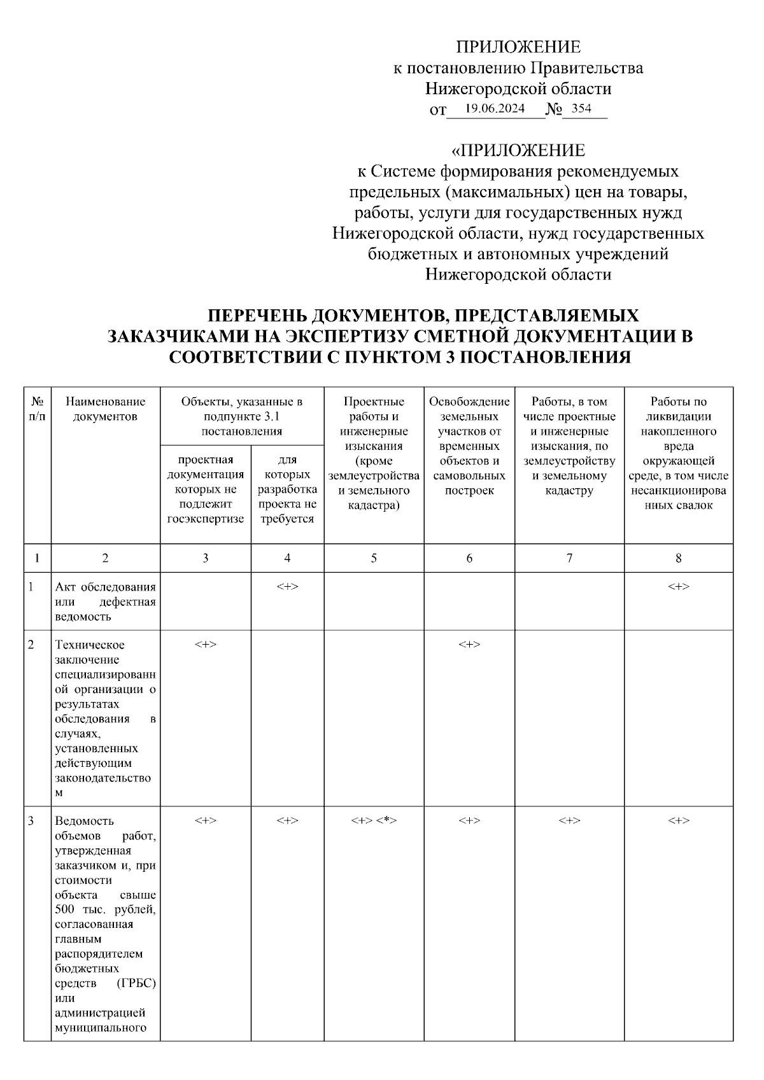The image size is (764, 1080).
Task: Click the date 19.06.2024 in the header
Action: coord(495,108)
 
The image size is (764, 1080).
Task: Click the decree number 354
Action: coord(581,108)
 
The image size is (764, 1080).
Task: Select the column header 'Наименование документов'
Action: coord(105,409)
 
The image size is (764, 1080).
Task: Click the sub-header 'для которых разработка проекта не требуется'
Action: coord(287,489)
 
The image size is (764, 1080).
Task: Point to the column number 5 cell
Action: coord(374,558)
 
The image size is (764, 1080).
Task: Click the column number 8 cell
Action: coord(678,558)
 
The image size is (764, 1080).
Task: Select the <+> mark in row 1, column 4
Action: coord(287,586)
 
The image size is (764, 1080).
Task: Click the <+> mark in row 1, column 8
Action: coord(678,586)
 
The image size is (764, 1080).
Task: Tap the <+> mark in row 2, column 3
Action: coord(205,645)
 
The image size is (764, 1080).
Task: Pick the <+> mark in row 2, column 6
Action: coord(469,645)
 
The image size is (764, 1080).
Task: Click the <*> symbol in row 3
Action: coord(386,821)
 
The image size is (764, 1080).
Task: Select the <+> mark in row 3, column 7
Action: coord(569,821)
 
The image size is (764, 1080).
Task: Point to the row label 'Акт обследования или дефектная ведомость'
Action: coord(105,601)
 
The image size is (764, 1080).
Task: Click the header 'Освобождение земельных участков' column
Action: coord(469,445)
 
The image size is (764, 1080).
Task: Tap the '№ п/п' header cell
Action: coord(37,409)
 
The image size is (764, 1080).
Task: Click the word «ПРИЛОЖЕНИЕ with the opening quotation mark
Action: coord(518,151)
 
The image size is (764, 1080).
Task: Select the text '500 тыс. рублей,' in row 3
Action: coord(105,910)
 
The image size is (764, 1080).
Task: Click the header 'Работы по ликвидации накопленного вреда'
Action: coord(678,453)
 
